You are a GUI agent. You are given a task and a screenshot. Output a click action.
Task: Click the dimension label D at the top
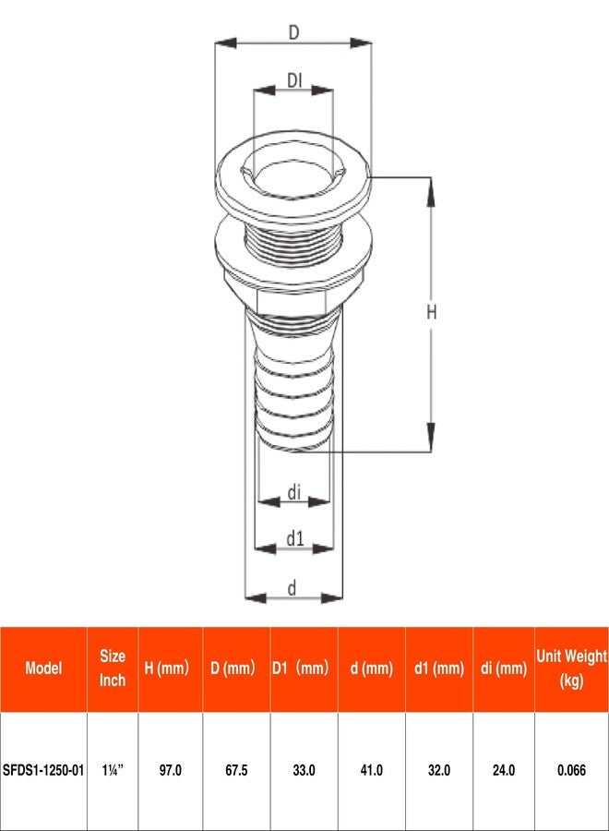293,32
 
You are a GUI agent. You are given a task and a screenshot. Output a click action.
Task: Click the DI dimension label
293,81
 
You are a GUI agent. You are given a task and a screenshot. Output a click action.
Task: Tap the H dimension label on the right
431,313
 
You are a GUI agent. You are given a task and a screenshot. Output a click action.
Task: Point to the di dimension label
293,493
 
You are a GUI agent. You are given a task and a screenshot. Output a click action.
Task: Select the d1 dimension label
293,538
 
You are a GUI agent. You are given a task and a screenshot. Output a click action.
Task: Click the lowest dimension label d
293,587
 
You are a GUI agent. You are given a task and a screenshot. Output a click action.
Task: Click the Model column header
43,668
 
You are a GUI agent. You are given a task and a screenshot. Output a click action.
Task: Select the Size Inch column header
113,668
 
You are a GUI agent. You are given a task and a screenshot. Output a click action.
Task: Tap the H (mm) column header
171,668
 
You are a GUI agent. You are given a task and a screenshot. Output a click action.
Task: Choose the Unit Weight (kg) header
571,668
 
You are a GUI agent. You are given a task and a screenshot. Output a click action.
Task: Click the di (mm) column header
504,668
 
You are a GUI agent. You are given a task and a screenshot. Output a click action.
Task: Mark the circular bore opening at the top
293,174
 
